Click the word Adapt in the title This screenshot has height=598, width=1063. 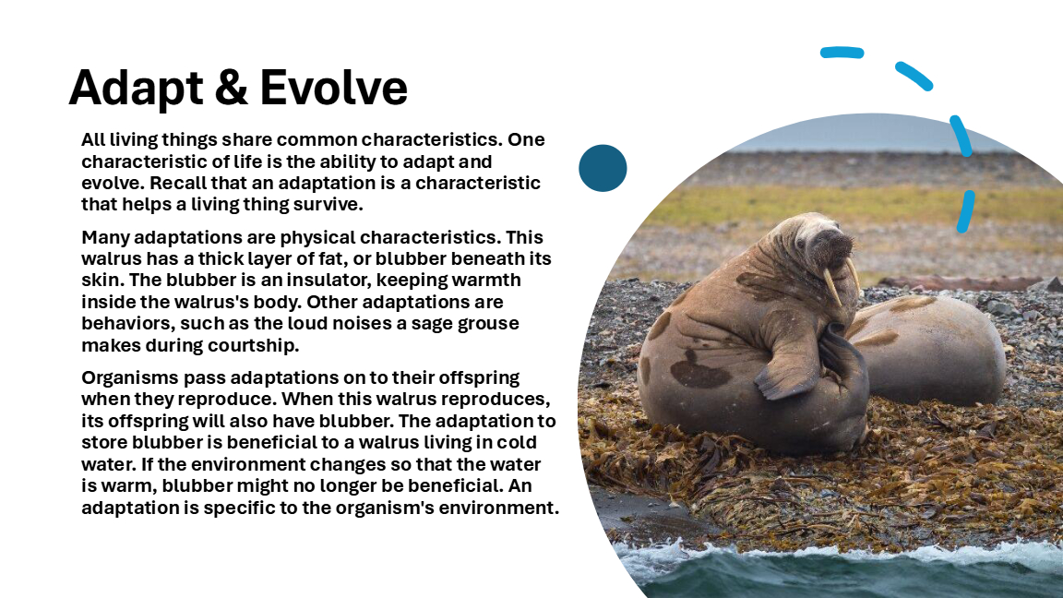click(137, 89)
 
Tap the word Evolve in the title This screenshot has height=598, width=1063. click(333, 88)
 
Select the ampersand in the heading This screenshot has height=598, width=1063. click(232, 88)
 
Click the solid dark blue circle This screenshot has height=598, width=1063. click(603, 168)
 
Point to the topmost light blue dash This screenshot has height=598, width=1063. click(842, 53)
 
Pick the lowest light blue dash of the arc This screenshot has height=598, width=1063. click(966, 211)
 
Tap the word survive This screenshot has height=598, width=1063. click(328, 205)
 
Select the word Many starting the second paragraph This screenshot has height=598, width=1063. click(106, 238)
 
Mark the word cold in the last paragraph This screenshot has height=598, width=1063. click(517, 443)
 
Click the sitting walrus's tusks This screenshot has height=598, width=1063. click(841, 280)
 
